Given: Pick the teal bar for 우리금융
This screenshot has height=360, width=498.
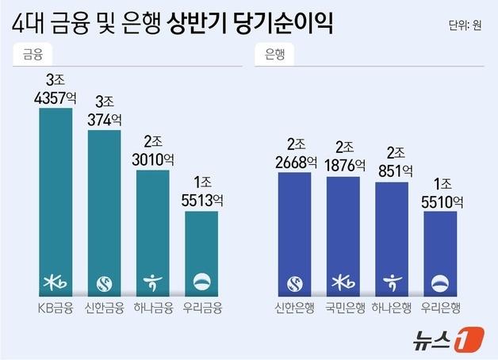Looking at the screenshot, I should (201, 246).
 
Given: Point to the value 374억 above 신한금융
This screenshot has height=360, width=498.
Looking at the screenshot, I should (104, 121).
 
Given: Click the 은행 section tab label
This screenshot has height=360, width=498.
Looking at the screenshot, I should (274, 56).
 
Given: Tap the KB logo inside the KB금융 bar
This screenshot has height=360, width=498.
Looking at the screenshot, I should (56, 281).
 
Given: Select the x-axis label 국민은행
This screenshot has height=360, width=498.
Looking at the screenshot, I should (343, 307).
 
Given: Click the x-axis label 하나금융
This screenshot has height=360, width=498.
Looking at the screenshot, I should (153, 307).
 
